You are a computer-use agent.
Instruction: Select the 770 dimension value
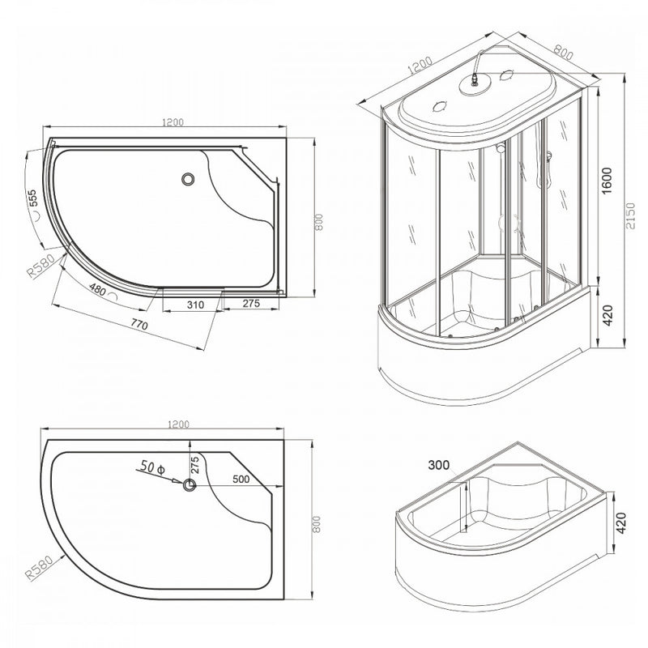pyautogui.click(x=139, y=325)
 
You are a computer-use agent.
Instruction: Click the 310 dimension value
pyautogui.click(x=195, y=305)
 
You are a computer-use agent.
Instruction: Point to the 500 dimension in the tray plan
pyautogui.click(x=241, y=479)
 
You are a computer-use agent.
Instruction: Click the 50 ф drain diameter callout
pyautogui.click(x=152, y=467)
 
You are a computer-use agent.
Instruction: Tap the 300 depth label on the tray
pyautogui.click(x=439, y=465)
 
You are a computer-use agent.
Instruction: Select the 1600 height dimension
pyautogui.click(x=606, y=181)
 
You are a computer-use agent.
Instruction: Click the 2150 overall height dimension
pyautogui.click(x=630, y=215)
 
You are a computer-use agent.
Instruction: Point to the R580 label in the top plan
pyautogui.click(x=40, y=266)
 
